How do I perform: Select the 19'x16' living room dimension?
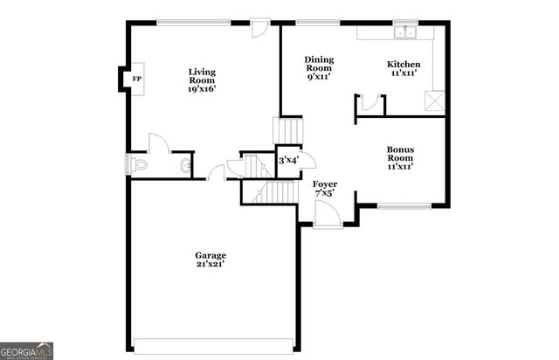tap(203, 88)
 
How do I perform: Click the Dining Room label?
tap(319, 64)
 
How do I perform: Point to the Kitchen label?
tap(404, 64)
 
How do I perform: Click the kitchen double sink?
tap(404, 33)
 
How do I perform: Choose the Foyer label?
tap(325, 183)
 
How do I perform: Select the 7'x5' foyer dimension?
tap(325, 193)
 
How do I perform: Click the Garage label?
tap(210, 254)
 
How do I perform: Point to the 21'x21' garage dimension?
tap(210, 264)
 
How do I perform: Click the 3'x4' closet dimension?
tap(288, 160)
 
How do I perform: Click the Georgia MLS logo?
tap(27, 350)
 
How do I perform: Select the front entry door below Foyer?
tap(328, 216)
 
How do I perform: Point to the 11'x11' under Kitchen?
tap(404, 74)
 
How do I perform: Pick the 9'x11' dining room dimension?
tap(319, 77)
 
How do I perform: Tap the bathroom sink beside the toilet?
tap(185, 164)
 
